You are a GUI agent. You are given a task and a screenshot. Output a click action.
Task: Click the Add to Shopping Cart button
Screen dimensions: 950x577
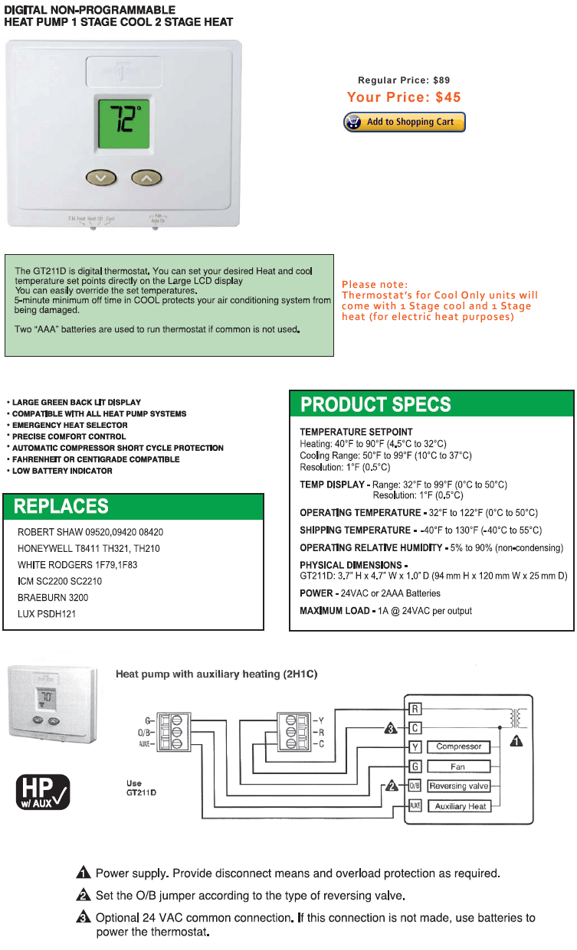coord(404,122)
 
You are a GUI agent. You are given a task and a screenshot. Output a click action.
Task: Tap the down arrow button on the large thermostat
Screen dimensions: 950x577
coord(100,178)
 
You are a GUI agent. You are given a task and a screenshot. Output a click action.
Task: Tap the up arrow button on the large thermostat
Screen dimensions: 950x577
coord(146,178)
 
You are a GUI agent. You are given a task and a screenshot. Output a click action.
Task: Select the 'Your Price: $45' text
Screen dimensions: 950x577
coord(404,97)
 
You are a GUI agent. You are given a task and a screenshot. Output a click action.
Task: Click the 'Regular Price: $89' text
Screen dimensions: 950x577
coord(404,80)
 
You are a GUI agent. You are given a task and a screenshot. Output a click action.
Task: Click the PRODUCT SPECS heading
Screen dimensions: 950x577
coord(375,404)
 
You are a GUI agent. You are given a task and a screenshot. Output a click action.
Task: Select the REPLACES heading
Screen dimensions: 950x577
coord(61,507)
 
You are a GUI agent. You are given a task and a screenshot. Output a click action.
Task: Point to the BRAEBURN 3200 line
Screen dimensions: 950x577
coord(53,597)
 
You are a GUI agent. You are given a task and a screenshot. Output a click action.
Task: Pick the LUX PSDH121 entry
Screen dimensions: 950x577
coord(47,614)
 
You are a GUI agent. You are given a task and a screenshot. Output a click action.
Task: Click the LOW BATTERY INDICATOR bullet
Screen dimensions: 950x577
coord(63,471)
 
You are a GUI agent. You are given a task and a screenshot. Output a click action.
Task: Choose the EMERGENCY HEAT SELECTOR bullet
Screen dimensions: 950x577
coord(70,425)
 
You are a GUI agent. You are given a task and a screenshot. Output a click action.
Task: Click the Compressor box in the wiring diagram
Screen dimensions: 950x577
coord(458,746)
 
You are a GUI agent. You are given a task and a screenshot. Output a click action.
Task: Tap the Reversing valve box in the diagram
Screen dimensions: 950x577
coord(458,786)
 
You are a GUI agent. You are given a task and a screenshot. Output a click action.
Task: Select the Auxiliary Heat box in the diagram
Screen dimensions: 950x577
coord(460,806)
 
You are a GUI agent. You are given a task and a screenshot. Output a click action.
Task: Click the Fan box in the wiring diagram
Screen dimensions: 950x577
coord(458,766)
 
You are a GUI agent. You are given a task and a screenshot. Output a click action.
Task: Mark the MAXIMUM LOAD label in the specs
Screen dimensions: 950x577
coord(334,611)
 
